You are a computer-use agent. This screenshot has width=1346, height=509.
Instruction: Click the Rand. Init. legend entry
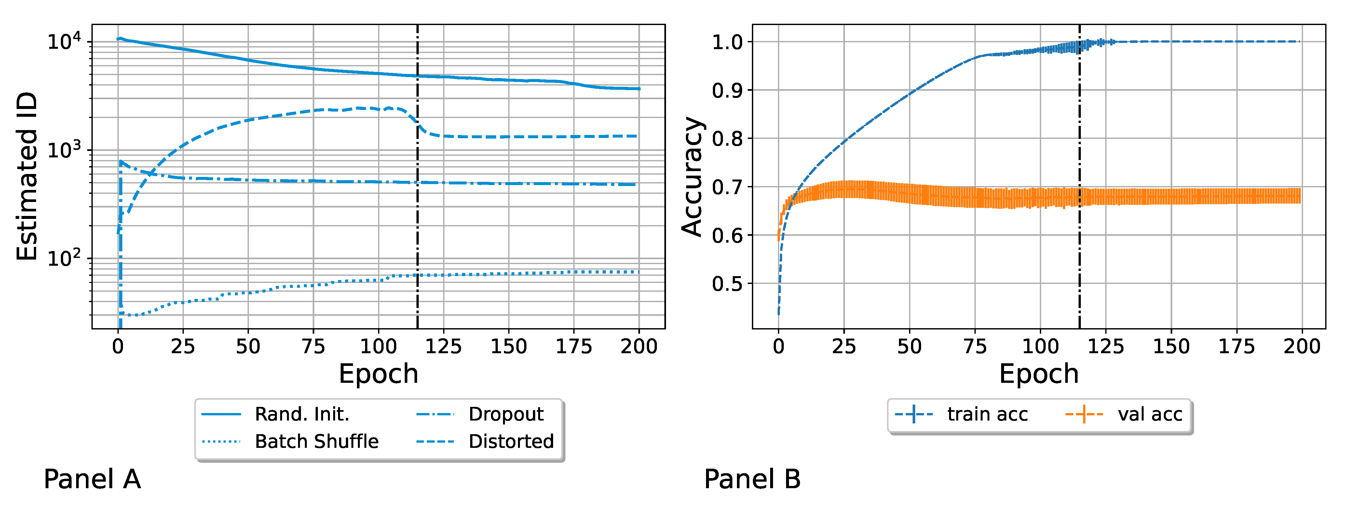[302, 414]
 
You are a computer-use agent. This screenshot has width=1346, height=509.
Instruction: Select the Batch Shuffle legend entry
[316, 442]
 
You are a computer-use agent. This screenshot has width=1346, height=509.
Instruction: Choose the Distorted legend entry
[510, 442]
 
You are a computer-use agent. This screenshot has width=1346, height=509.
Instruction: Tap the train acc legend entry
[987, 414]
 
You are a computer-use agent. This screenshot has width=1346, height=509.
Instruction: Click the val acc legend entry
[1149, 414]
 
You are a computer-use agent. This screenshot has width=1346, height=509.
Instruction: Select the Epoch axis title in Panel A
[378, 374]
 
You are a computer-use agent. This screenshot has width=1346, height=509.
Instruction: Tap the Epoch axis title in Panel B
[1039, 374]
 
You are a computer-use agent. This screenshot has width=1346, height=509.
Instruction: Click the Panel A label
[92, 479]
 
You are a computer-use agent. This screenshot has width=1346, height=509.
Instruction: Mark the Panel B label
[752, 479]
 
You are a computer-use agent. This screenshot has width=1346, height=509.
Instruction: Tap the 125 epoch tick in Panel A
[443, 346]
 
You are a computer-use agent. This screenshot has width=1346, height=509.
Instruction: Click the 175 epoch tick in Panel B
[1236, 346]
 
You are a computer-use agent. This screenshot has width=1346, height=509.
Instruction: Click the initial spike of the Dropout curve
[121, 162]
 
